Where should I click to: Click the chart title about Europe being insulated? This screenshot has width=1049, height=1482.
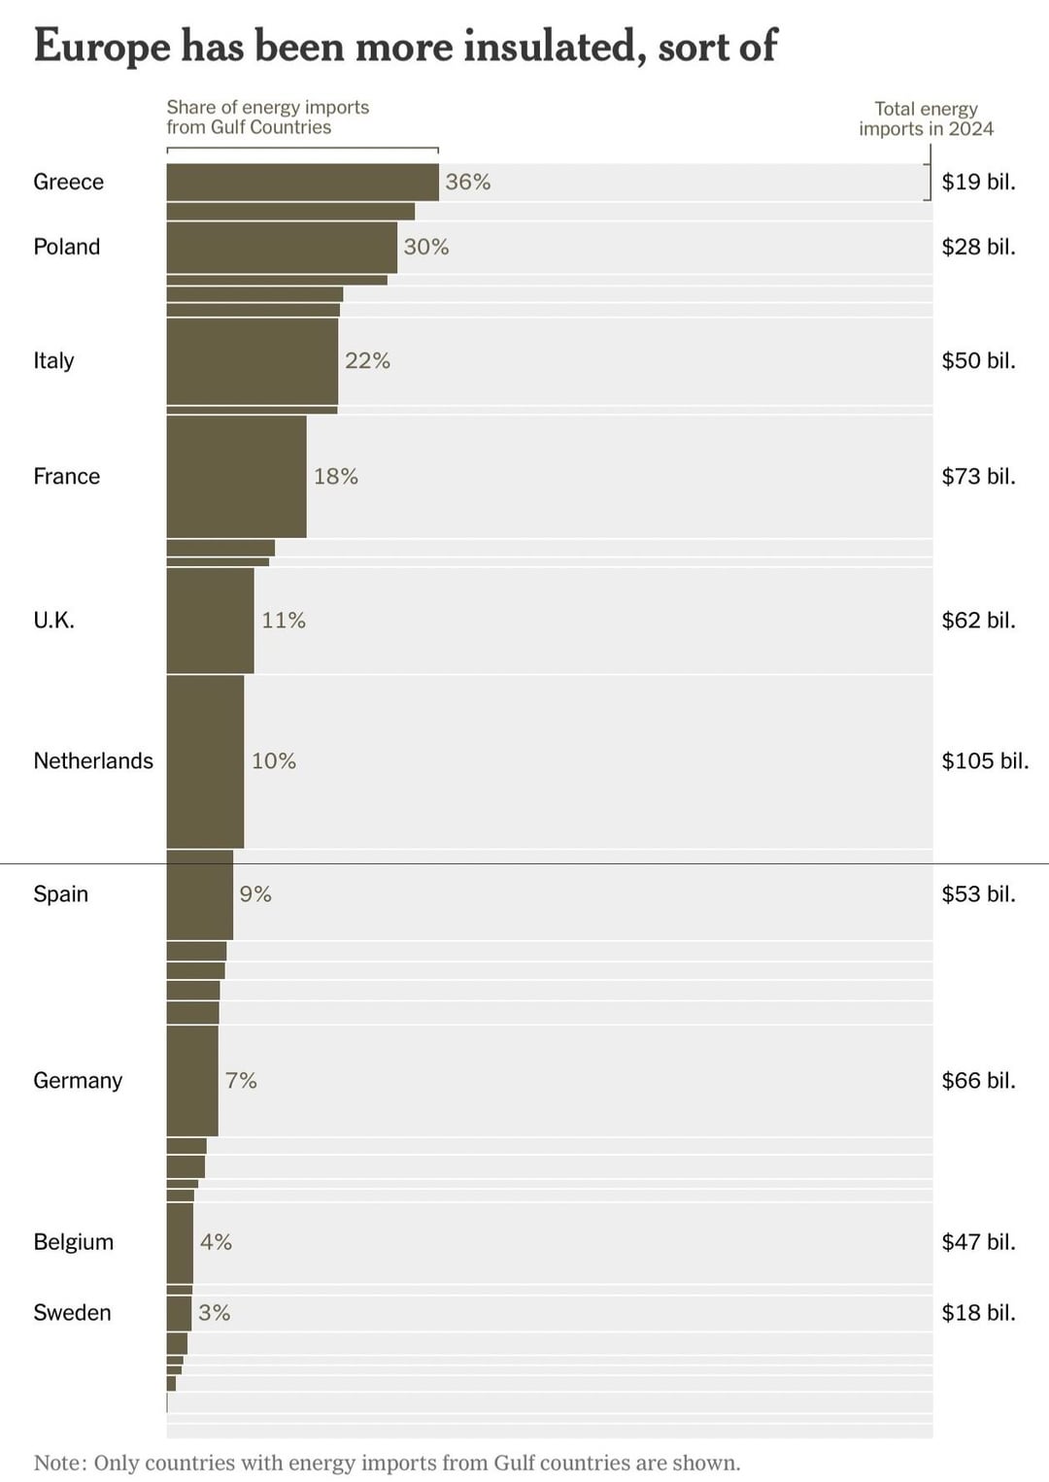pos(405,46)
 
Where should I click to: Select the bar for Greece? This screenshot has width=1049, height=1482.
pos(302,183)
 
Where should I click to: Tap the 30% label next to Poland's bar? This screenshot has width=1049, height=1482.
pos(426,248)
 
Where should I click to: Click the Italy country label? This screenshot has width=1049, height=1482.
pos(53,360)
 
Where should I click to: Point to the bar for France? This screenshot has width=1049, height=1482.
pos(236,476)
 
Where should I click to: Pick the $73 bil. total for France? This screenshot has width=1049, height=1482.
pos(978,476)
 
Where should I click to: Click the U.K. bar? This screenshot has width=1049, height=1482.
pos(210,620)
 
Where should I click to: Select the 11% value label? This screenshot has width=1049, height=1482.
pos(284,621)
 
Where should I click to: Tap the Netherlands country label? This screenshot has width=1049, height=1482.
pos(93,760)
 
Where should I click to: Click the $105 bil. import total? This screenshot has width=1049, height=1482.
pos(985,760)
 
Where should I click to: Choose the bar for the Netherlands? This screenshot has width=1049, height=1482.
pos(205,760)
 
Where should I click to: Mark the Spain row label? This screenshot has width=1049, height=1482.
pos(60,893)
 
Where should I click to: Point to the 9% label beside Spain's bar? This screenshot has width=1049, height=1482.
pos(255,894)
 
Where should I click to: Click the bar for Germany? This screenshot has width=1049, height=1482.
pos(192,1080)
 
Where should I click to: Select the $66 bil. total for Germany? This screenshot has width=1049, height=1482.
pos(978,1080)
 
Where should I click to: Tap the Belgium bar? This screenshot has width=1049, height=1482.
pos(180,1242)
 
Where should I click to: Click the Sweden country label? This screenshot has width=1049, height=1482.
pos(72,1313)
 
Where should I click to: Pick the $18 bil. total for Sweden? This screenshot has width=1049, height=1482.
pos(978,1313)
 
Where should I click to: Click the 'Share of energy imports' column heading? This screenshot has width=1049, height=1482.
pos(267,117)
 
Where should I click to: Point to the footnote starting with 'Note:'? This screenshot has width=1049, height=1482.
pos(387,1463)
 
